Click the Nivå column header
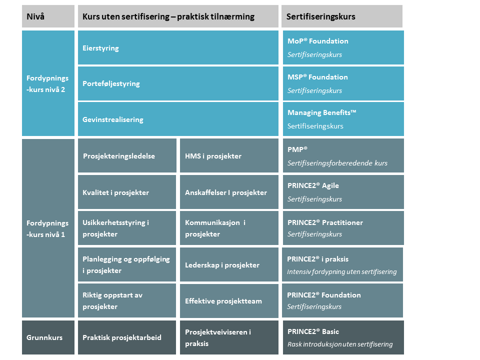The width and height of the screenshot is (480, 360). pos(48,16)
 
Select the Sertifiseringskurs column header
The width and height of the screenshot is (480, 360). pos(342,16)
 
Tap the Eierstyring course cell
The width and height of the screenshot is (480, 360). pos(178,47)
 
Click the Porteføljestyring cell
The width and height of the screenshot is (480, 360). pos(178,83)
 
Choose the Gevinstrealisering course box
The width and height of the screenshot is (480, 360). pos(178,119)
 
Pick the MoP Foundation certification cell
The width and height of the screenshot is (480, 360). pos(343,47)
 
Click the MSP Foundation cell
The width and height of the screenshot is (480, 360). pos(343,83)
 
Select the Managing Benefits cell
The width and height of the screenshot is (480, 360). pos(343,119)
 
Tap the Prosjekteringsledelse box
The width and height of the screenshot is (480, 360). pos(127,155)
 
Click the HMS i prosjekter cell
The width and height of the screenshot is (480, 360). pos(229,155)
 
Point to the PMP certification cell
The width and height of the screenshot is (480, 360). pos(343,155)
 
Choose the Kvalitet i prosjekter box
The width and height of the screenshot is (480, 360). pos(127,192)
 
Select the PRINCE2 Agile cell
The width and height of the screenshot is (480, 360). pos(343,192)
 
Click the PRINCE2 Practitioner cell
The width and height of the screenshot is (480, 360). pos(343,228)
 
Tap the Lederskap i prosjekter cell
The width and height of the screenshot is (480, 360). pos(229,264)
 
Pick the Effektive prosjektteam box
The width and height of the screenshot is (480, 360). pos(229,300)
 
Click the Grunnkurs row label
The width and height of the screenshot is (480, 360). pos(48,337)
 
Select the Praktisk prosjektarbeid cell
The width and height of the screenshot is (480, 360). pos(127,337)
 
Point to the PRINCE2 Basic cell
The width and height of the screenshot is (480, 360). pos(343,337)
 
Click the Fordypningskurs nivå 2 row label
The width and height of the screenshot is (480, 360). pos(48,83)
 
